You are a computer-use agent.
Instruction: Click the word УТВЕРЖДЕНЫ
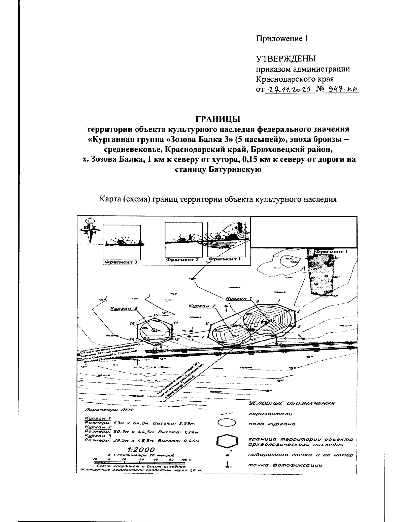(286, 59)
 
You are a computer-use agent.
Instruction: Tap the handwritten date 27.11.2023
(289, 89)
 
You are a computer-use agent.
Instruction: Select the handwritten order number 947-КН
(340, 89)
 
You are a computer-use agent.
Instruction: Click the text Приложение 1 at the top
(282, 39)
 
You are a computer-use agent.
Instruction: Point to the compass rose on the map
(90, 231)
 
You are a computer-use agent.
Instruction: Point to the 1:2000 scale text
(141, 450)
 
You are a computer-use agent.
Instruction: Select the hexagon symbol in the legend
(227, 441)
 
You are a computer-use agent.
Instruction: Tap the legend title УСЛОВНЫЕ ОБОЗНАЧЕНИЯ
(292, 403)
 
